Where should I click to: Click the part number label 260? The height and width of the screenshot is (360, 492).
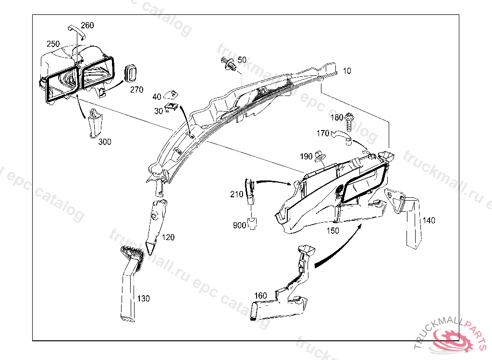point(87,25)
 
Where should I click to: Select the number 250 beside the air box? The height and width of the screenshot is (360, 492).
point(53,44)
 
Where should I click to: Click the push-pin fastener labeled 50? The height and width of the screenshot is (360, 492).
point(229,64)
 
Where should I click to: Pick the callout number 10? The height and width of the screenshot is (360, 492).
point(347,71)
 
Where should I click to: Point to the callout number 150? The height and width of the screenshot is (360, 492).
point(332,231)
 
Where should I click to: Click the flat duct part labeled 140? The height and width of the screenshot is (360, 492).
point(409,218)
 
